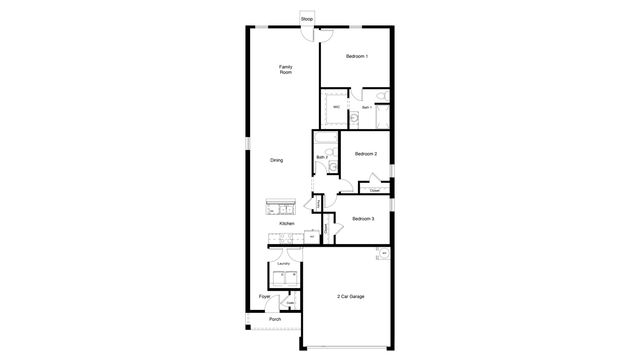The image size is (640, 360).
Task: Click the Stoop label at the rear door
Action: tap(306, 18)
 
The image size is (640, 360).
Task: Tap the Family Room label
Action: tap(286, 70)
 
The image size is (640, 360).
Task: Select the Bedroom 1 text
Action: tap(357, 56)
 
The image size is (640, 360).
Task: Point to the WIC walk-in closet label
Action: tap(337, 106)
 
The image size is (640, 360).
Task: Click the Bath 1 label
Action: tap(366, 107)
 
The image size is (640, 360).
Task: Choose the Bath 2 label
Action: tap(322, 157)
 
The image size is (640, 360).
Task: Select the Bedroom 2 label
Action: tap(366, 153)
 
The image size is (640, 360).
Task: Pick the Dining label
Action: tap(276, 160)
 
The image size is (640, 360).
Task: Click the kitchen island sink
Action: tap(279, 209)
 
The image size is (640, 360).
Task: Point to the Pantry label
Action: tap(318, 204)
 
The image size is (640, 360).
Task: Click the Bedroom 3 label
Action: tap(364, 218)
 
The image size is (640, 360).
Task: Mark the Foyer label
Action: tap(265, 297)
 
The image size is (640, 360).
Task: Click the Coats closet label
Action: tap(290, 303)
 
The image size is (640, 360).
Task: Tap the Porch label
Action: tap(274, 319)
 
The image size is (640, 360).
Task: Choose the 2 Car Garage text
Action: tap(349, 297)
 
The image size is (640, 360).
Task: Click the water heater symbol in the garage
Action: tap(384, 253)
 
